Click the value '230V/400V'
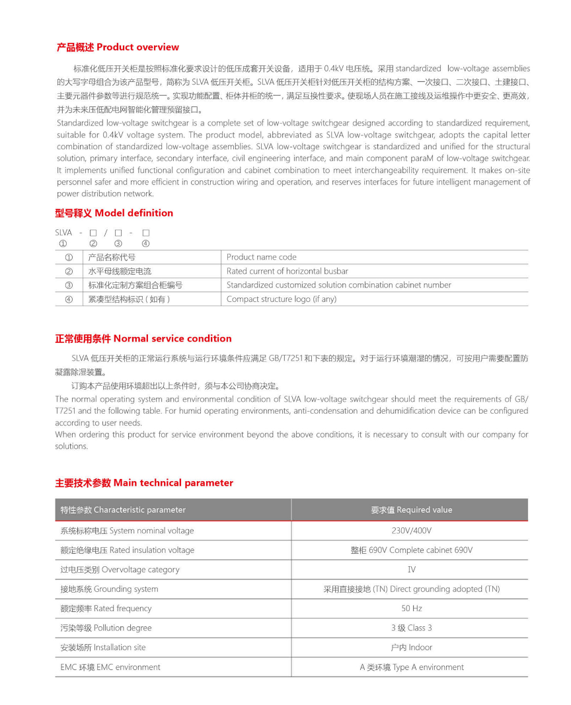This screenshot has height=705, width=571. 411,531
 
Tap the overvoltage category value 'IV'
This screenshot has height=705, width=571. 411,570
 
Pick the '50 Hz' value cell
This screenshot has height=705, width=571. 411,609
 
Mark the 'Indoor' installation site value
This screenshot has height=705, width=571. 411,648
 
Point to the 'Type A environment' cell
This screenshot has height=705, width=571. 411,667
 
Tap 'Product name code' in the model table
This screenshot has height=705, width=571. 262,257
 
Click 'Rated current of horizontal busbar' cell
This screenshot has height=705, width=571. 287,271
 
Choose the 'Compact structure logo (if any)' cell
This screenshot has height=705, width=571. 282,299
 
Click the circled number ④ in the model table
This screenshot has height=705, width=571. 69,299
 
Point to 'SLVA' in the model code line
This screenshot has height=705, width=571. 63,233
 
